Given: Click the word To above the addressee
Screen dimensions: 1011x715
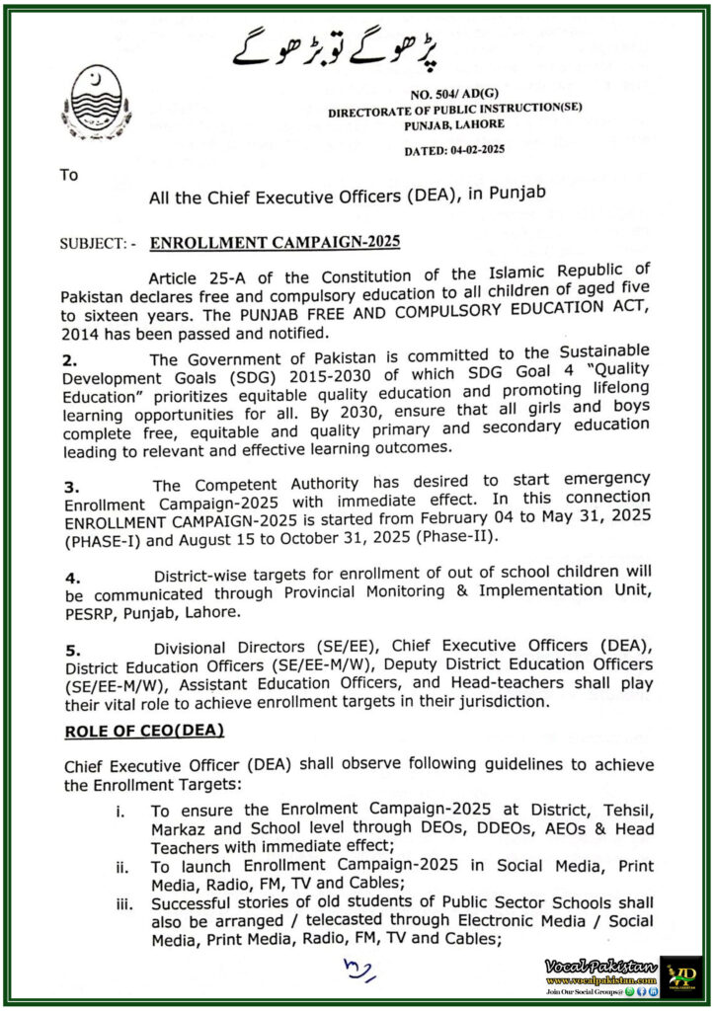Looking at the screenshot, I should coord(68,175).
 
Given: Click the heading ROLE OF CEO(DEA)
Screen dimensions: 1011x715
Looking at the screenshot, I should coord(144,731).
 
